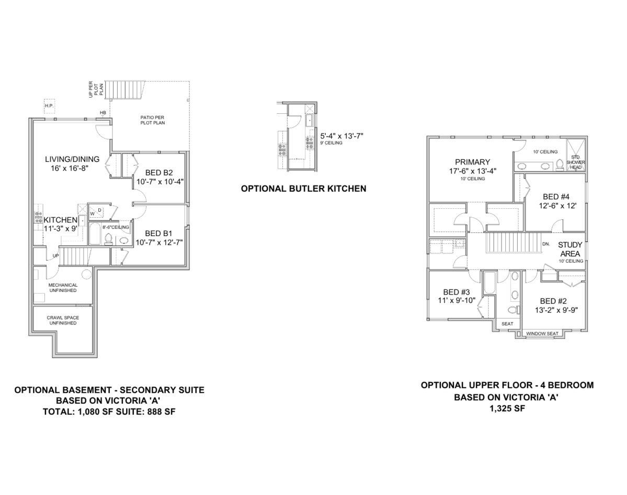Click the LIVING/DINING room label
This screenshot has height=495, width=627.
(x=72, y=159)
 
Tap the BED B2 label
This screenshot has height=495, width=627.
(x=159, y=173)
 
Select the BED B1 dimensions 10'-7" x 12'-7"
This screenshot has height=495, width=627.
(x=159, y=242)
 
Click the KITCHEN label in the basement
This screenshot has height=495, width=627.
(x=60, y=220)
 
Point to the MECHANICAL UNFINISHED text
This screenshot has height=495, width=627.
(x=63, y=288)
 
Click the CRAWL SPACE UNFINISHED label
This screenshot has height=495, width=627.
(x=63, y=320)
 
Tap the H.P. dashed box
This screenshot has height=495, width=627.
(x=49, y=105)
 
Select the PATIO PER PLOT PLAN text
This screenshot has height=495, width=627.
(x=152, y=120)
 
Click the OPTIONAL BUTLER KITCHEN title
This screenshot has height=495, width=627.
(x=303, y=188)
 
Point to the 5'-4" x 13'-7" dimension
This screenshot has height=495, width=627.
(x=341, y=136)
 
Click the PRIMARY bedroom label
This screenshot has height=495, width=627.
(x=472, y=162)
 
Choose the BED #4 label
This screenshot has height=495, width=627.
(x=556, y=197)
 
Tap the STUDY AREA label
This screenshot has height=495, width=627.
(x=570, y=250)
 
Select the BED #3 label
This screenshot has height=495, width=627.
(x=456, y=292)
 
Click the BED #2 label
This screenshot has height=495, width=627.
(x=553, y=301)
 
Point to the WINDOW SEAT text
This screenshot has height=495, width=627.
(x=542, y=334)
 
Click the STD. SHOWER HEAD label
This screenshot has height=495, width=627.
(x=576, y=162)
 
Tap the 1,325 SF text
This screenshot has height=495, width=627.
(x=507, y=408)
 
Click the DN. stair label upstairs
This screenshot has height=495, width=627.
(x=546, y=244)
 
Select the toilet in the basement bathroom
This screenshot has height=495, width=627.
(x=108, y=239)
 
